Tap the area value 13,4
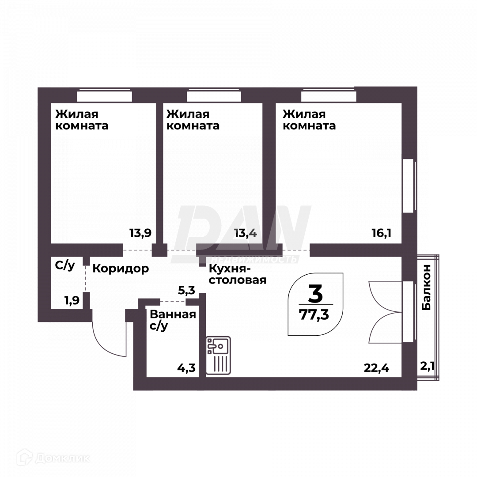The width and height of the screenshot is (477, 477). coord(246,233)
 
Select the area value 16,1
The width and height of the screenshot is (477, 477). coord(382,233)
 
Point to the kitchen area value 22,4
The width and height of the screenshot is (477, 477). coord(376,367)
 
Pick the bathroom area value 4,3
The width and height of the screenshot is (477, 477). coord(185,367)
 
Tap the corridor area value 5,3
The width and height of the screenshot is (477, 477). coord(186,290)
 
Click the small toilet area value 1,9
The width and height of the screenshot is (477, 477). coord(72,301)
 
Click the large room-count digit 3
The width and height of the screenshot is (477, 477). coord(315,294)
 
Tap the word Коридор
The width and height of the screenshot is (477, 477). coord(121,268)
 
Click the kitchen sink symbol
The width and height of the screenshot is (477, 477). coord(218,356)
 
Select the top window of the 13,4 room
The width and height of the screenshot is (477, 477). coord(213,96)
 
